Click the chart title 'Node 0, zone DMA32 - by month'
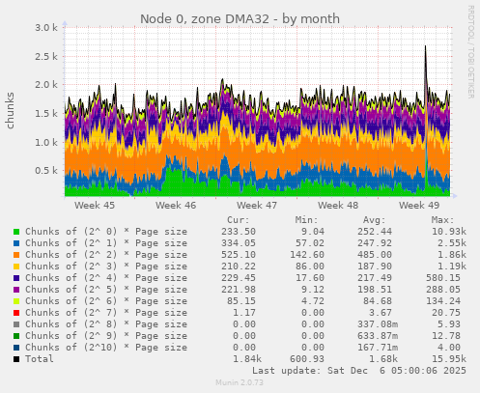pos(240,18)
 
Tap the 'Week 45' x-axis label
pos(95,206)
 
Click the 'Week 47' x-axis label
pos(257,206)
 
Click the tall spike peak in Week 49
pos(425,46)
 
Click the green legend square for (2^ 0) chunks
pos(16,233)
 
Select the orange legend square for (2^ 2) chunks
pos(16,256)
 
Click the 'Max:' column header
pos(443,221)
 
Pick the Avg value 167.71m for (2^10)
pos(373,348)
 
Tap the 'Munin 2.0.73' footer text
pos(240,383)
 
